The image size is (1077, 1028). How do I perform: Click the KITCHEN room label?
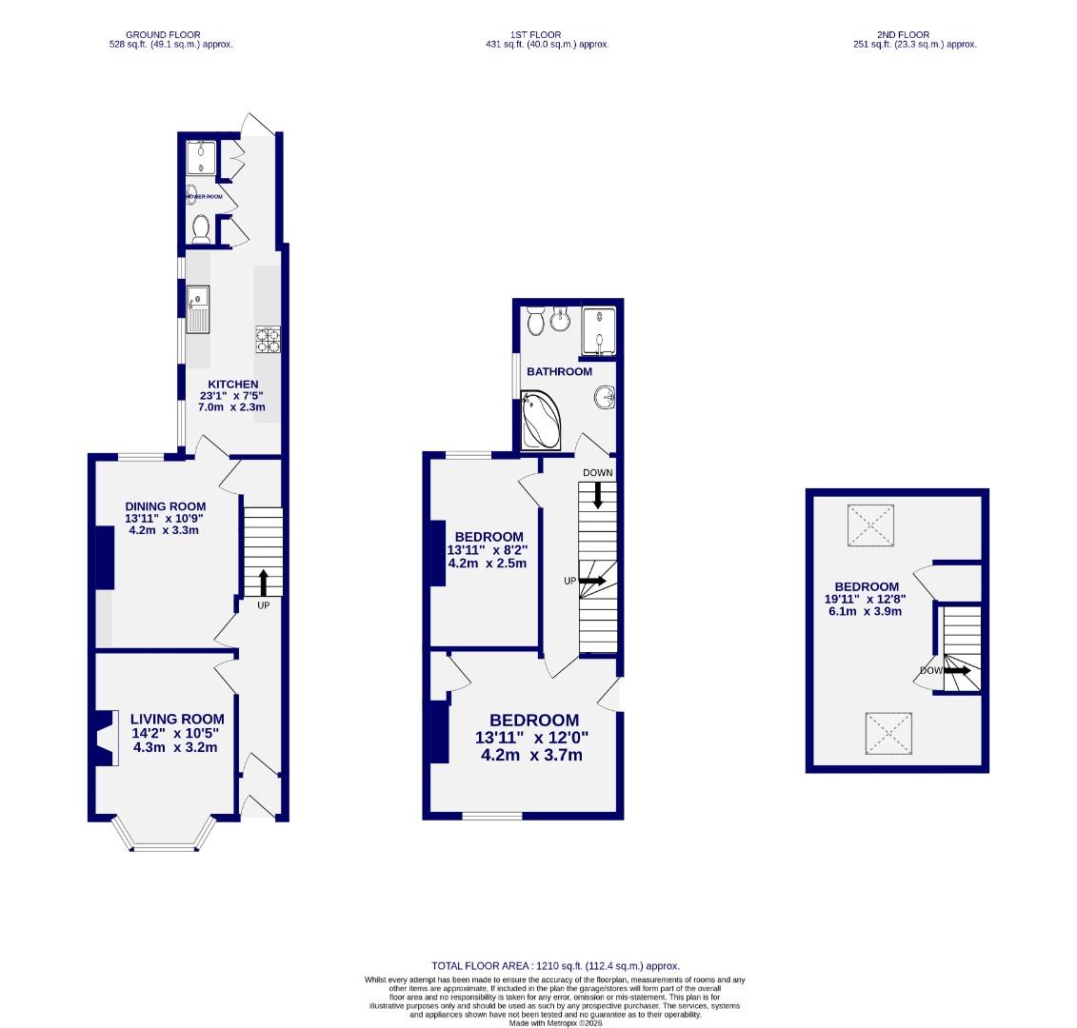233,385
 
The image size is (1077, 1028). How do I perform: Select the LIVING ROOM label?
177,720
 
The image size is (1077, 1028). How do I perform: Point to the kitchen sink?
198,309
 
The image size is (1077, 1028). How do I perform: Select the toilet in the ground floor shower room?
201,228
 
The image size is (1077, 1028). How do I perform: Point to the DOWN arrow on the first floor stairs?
598,494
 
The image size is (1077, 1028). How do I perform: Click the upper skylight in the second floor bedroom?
871,524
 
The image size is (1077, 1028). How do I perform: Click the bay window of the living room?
161,838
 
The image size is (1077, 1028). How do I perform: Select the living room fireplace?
103,739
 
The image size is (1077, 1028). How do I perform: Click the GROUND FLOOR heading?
171,34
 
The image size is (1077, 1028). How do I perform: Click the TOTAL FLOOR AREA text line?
555,965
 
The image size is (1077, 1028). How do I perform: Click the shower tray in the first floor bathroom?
599,328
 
